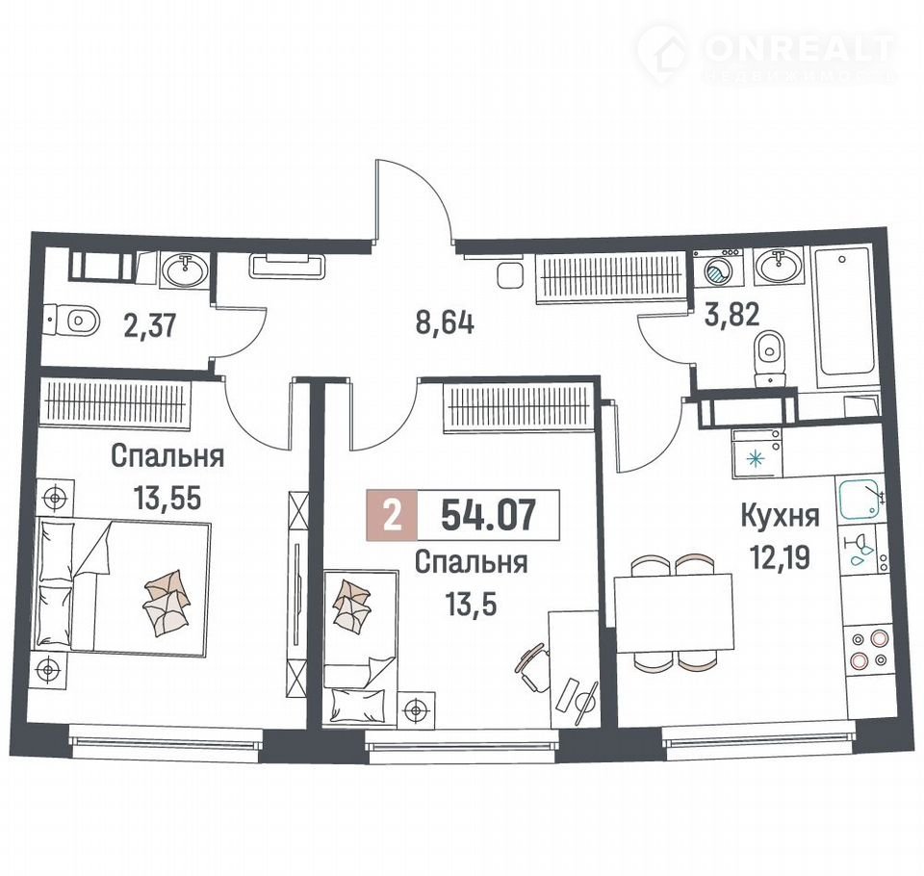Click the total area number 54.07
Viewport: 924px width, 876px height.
pyautogui.click(x=489, y=514)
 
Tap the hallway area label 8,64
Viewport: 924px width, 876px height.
pyautogui.click(x=445, y=323)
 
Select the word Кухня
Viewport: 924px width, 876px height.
pyautogui.click(x=780, y=517)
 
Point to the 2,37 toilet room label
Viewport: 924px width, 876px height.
pyautogui.click(x=150, y=325)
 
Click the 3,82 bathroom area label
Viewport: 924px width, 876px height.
pyautogui.click(x=731, y=315)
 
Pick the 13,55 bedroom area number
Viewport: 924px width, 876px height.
pyautogui.click(x=167, y=499)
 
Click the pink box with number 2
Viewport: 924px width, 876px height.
pyautogui.click(x=392, y=515)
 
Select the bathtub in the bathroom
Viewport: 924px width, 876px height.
pyautogui.click(x=843, y=318)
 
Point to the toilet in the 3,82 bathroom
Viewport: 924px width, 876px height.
pyautogui.click(x=770, y=358)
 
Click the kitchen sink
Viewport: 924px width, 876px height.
pyautogui.click(x=861, y=500)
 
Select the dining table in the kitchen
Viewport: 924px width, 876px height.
pyautogui.click(x=674, y=613)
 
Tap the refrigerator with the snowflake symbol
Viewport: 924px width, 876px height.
pyautogui.click(x=757, y=452)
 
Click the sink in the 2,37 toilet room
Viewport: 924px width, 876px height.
pyautogui.click(x=184, y=270)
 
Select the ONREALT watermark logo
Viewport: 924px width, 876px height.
pyautogui.click(x=766, y=52)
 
